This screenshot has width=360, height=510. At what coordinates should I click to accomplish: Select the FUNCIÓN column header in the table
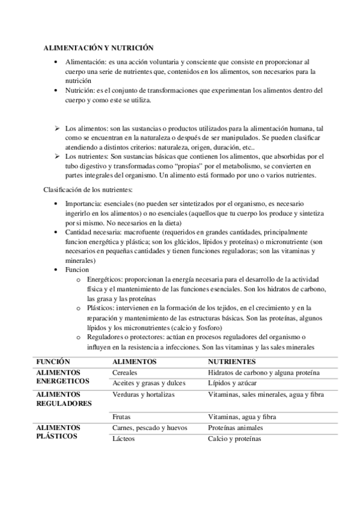pos(53,362)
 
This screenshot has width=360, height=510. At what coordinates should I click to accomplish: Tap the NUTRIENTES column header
pos(231,362)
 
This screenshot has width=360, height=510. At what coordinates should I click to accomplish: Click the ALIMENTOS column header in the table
pos(135,362)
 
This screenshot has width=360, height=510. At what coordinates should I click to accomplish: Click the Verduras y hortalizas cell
pos(143,395)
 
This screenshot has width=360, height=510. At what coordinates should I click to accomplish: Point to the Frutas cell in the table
pos(123,416)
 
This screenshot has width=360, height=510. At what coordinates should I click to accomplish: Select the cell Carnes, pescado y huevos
pos(150,428)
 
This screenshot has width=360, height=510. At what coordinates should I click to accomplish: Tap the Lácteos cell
pos(124,438)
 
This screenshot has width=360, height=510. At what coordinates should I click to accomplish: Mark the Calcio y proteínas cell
pos(234,438)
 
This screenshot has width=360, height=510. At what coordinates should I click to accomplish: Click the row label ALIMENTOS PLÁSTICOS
pos(58,432)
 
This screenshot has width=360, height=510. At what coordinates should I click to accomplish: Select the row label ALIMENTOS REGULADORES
pos(64,399)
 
